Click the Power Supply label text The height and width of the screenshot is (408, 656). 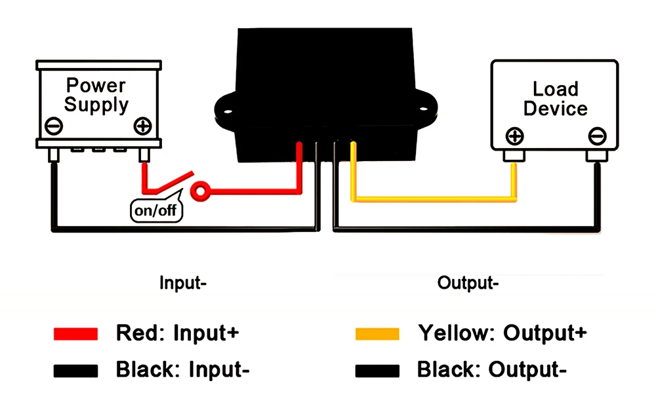coord(96,95)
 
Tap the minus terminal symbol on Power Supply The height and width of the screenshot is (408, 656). coord(54,126)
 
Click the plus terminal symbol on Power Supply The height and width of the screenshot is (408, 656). coord(142,126)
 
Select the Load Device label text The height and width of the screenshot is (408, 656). coord(556,98)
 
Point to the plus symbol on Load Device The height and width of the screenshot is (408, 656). coord(514,136)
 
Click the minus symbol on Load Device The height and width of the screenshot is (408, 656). coord(597,136)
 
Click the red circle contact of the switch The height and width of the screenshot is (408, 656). coord(201,192)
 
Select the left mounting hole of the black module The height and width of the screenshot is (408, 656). coord(228,111)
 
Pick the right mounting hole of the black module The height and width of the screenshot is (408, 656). coord(423,109)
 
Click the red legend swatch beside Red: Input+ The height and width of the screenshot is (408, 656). coord(75,333)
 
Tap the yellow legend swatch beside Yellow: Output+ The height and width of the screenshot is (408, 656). coord(377,334)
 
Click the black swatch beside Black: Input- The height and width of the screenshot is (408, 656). coord(75,371)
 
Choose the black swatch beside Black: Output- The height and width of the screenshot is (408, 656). coord(377,371)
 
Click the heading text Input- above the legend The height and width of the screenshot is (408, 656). coord(183,283)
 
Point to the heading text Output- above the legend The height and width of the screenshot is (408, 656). coord(468,283)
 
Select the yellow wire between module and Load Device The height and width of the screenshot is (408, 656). coord(435,199)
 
